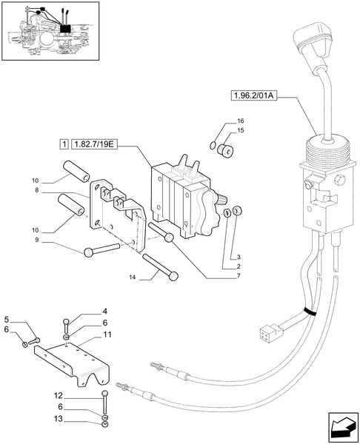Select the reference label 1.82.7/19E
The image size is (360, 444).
pyautogui.click(x=96, y=143)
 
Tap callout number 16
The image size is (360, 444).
pyautogui.click(x=240, y=121)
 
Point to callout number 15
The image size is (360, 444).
pyautogui.click(x=240, y=130)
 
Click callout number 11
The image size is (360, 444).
pyautogui.click(x=107, y=334)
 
